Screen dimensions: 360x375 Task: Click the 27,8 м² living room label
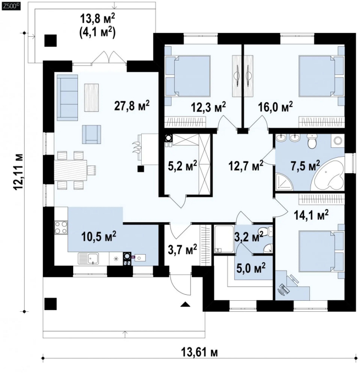(x=132, y=106)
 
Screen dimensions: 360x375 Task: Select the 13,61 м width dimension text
(x=200, y=352)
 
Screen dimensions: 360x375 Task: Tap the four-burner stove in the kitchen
(x=61, y=228)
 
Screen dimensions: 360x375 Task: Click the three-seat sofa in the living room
(x=68, y=97)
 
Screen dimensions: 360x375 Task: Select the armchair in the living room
(x=91, y=134)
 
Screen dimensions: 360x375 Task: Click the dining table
(x=71, y=170)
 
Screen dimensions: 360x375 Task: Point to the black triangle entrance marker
(x=185, y=304)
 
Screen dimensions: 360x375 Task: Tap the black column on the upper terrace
(x=51, y=41)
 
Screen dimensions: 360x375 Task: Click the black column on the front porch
(x=51, y=304)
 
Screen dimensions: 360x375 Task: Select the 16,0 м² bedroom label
(x=275, y=107)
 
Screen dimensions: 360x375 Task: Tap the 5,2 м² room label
(x=182, y=166)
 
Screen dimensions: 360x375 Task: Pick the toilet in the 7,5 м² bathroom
(x=312, y=141)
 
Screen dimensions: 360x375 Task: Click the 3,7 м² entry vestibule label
(x=182, y=250)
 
